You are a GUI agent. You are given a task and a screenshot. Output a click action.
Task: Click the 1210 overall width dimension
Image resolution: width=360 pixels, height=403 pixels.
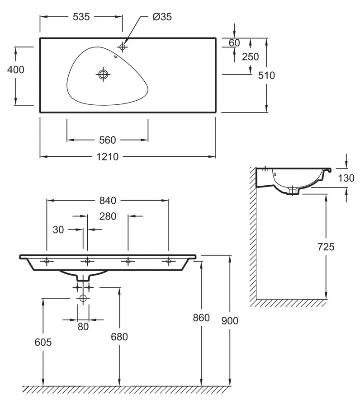[107, 157]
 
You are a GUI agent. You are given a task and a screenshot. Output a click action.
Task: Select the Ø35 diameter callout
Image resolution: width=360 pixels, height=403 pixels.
[162, 17]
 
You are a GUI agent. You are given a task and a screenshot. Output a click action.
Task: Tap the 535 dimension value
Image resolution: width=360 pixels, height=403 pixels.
[81, 17]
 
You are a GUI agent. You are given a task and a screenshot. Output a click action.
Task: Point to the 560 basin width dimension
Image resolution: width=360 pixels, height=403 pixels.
[107, 140]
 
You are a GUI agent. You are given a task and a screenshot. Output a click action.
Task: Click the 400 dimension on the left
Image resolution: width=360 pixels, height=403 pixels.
[16, 70]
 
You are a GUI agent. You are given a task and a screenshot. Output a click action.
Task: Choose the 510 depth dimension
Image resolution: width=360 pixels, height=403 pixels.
[266, 75]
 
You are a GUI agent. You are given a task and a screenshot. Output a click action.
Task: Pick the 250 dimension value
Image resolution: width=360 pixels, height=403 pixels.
[250, 56]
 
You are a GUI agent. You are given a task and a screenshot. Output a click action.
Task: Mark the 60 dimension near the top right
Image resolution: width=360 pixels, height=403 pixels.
[234, 43]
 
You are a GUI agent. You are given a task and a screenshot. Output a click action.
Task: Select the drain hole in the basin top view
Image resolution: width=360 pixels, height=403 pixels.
[104, 74]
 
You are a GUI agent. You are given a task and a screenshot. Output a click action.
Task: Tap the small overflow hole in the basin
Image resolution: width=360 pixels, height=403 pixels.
[116, 57]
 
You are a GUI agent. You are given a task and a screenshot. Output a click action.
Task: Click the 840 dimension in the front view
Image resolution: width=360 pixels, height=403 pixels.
[107, 200]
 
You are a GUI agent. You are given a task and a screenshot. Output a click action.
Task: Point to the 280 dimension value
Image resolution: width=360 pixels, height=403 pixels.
[108, 216]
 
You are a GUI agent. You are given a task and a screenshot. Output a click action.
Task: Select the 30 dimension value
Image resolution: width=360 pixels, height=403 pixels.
[58, 230]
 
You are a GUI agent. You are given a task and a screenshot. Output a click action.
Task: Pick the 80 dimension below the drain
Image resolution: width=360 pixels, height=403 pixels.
[83, 327]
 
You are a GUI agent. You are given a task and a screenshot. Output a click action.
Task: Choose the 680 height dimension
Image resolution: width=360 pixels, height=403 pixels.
[119, 337]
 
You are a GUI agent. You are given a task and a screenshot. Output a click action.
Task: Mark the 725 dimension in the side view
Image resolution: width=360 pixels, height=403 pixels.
[326, 247]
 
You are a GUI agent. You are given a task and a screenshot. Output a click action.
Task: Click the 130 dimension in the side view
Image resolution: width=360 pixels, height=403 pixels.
[346, 178]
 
